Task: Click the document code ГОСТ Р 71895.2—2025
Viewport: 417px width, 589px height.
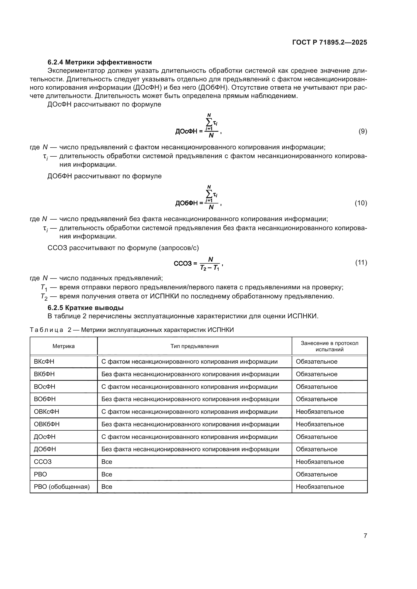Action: [x=330, y=42]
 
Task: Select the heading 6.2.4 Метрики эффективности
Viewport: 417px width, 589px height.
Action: [x=100, y=62]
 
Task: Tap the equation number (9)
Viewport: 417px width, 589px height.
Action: [x=363, y=131]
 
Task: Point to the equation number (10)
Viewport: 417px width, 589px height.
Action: [x=361, y=203]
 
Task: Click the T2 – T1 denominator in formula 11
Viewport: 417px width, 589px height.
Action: [x=210, y=268]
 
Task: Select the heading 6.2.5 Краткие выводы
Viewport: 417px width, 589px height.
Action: [x=85, y=307]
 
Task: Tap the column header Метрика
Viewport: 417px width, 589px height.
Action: [x=64, y=346]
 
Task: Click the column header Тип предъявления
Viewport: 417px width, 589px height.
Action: [x=194, y=346]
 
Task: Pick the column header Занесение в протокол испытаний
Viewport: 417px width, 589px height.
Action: [x=330, y=346]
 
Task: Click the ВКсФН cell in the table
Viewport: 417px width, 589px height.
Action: [x=44, y=361]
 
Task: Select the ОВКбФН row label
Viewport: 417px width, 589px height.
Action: [x=47, y=424]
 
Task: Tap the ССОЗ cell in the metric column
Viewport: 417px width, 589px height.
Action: [x=43, y=462]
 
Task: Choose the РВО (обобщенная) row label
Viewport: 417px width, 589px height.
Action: [x=62, y=487]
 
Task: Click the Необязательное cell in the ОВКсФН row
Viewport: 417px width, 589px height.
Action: [x=320, y=411]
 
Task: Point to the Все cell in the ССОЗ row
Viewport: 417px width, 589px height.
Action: [x=107, y=462]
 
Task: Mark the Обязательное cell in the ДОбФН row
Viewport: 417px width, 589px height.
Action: [x=316, y=449]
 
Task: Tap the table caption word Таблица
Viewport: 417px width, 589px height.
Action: [x=46, y=330]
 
